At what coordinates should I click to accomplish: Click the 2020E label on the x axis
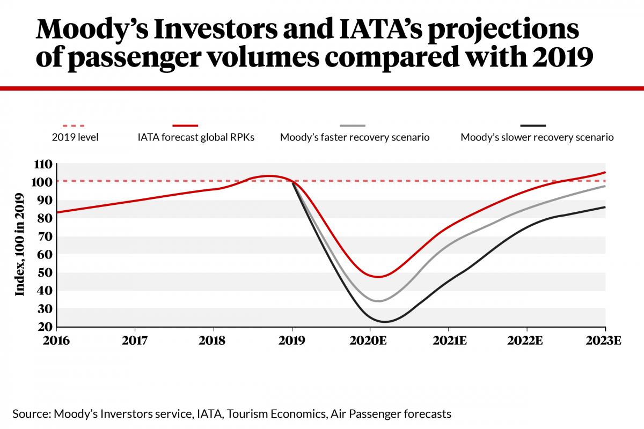[370, 341]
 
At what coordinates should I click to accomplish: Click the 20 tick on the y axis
[47, 327]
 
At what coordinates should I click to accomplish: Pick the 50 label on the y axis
[47, 272]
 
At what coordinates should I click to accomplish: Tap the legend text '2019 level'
[75, 137]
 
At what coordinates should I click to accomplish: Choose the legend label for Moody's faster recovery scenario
[355, 137]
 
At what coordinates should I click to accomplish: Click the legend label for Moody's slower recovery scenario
[537, 137]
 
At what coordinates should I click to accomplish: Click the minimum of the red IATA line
[379, 277]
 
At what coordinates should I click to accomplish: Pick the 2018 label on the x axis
[213, 341]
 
